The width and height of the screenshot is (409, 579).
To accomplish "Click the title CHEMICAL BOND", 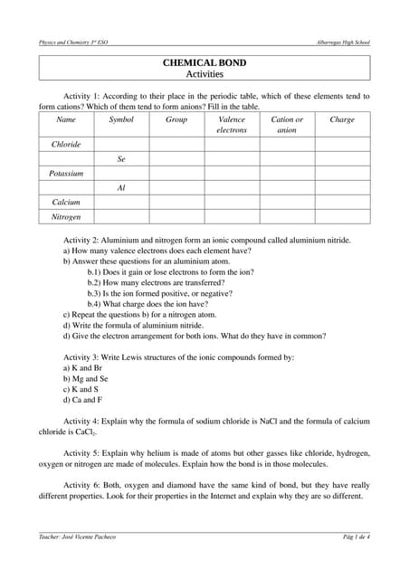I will (x=204, y=62).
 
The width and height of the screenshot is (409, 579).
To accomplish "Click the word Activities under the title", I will (x=204, y=74).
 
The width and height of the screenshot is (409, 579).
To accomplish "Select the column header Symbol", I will (x=121, y=119).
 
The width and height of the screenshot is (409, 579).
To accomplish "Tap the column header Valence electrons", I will (x=232, y=125).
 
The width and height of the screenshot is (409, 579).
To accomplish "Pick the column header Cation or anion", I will (x=287, y=125).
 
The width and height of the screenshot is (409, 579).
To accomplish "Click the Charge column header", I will (x=342, y=119).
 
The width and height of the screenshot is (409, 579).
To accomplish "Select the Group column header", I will (x=176, y=119).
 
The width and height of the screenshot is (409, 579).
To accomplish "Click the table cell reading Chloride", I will (x=66, y=144).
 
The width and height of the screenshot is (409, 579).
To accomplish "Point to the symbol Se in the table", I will (x=121, y=158).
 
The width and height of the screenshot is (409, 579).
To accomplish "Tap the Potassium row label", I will (x=66, y=173).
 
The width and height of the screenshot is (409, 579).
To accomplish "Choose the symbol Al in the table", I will (x=121, y=188).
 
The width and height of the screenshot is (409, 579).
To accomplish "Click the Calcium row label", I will (x=66, y=203).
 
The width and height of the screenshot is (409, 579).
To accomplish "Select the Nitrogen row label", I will (x=66, y=217).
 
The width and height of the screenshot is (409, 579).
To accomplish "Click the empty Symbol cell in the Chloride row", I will (x=121, y=144).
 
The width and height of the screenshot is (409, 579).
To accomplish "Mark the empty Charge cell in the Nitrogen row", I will (x=342, y=217).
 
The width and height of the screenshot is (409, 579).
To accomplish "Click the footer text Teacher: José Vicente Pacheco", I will (x=77, y=537).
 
